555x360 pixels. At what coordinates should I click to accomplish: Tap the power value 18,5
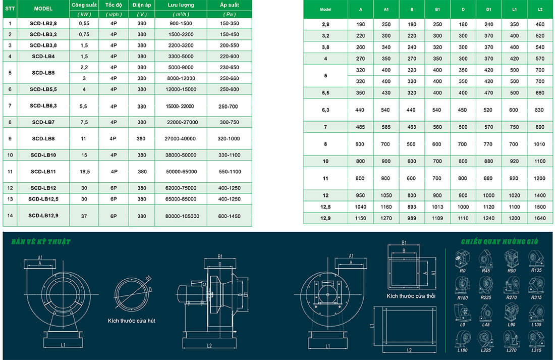84,172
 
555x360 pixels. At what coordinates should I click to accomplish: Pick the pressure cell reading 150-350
230,23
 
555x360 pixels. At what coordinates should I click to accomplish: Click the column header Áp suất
230,5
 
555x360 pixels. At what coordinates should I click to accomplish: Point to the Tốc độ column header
114,5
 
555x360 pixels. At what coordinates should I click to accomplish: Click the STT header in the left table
10,9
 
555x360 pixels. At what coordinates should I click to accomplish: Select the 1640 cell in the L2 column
540,218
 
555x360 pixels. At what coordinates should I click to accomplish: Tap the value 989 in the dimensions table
411,218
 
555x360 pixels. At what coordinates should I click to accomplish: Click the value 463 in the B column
411,127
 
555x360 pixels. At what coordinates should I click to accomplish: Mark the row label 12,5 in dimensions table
325,207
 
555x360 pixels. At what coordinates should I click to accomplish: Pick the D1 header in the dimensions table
489,9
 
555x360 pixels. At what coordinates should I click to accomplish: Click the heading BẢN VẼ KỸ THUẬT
41,242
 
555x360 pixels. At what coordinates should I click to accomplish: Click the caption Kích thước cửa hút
131,321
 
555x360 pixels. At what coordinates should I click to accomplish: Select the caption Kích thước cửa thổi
411,296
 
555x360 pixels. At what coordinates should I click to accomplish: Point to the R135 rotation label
536,270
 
